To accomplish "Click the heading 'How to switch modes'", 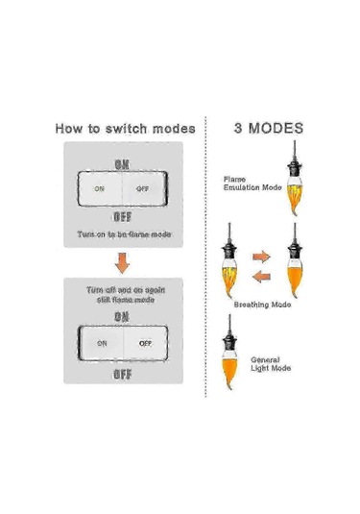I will pyautogui.click(x=125, y=128).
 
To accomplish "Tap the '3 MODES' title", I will pyautogui.click(x=270, y=127).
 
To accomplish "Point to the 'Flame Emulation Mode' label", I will pyautogui.click(x=252, y=183).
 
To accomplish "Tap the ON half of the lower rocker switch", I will pyautogui.click(x=100, y=342).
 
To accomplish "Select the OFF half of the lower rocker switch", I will pyautogui.click(x=145, y=342).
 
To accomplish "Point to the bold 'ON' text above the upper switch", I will pyautogui.click(x=122, y=164).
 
